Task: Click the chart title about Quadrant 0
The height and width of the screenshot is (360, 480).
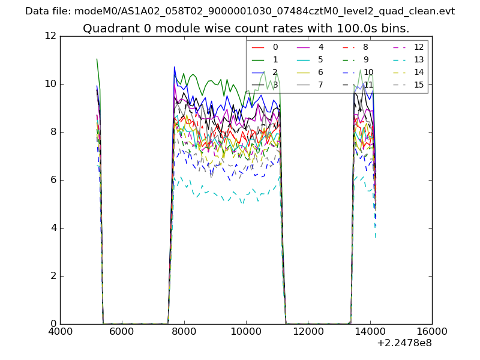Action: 246,28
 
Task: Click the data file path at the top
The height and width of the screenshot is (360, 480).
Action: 240,11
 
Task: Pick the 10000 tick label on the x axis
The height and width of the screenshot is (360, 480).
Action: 246,332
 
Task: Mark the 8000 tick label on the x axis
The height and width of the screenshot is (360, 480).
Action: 184,332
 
